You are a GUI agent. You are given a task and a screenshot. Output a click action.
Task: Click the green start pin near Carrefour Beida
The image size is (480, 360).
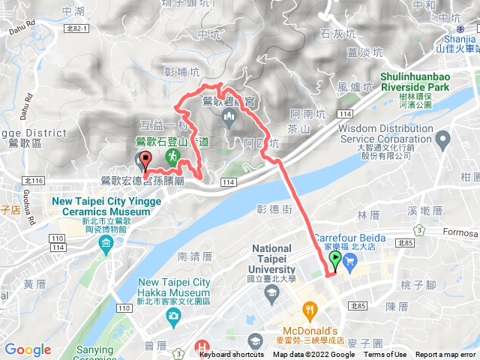click(334, 259)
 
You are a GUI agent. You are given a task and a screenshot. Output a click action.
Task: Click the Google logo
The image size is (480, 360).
click(28, 349)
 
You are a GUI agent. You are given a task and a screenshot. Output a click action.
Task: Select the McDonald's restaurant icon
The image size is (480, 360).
click(308, 310)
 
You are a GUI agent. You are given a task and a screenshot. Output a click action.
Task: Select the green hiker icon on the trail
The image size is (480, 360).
click(173, 157)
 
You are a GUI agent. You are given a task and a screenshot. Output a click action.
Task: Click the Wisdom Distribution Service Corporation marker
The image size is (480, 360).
click(442, 139)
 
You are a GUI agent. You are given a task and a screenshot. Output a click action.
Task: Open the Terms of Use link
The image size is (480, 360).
click(385, 355)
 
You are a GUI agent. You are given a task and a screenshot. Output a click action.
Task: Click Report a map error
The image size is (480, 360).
click(445, 355)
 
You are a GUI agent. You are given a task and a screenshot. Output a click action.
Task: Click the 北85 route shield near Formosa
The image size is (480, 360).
click(406, 243)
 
